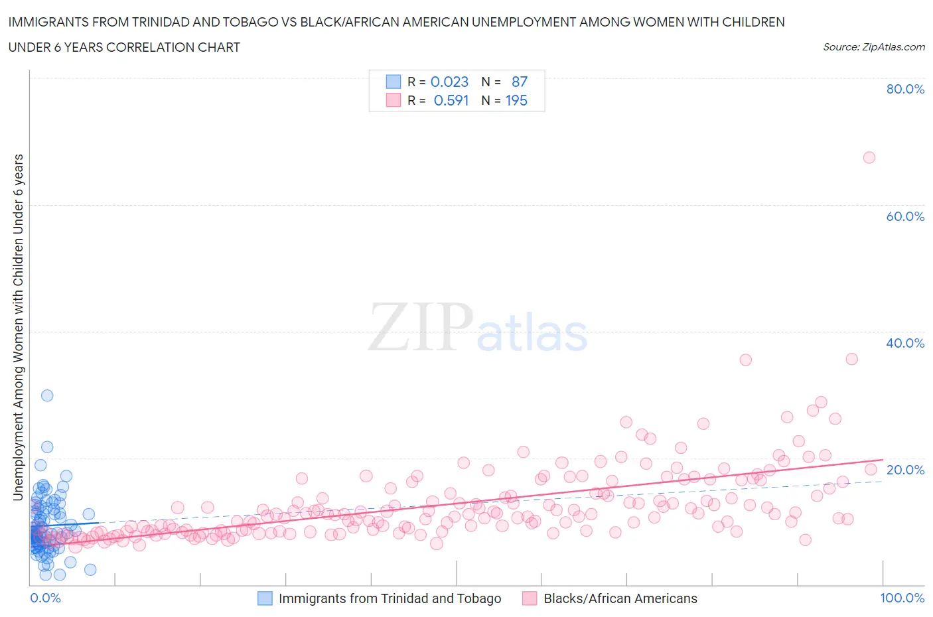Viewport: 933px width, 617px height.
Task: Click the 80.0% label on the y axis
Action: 905,89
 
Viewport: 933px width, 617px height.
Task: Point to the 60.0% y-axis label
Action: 905,216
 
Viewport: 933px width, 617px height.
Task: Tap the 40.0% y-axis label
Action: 905,343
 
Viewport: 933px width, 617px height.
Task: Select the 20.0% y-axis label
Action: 905,470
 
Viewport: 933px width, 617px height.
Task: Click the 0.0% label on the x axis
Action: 46,598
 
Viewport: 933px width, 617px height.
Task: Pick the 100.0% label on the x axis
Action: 902,598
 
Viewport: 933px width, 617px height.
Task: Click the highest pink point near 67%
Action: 869,157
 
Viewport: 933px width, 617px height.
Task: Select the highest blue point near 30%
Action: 47,395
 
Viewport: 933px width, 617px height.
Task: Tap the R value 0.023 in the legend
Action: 449,82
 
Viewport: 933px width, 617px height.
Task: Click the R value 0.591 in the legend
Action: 451,100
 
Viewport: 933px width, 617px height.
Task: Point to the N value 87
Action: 519,82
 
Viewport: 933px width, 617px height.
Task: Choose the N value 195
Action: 516,100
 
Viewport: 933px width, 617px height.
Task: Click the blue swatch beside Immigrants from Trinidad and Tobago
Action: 265,598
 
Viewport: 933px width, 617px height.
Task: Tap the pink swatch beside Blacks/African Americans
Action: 529,598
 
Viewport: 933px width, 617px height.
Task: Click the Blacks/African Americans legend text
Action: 620,598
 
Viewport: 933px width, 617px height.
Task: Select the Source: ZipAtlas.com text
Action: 873,47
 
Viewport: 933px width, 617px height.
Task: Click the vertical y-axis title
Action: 18,327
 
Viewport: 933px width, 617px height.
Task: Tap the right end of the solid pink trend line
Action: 883,459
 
